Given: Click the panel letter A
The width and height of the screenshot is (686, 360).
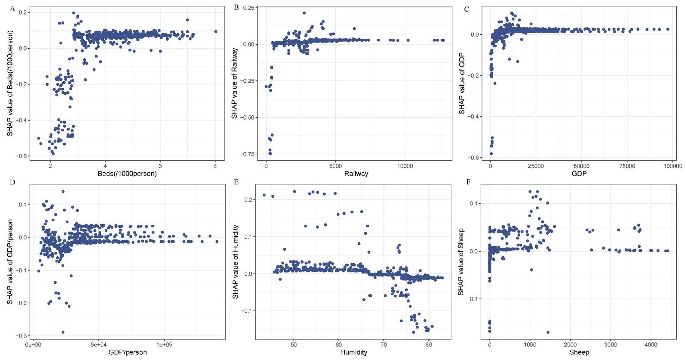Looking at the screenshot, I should point(13,9).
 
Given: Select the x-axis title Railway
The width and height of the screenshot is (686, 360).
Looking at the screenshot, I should point(356,173).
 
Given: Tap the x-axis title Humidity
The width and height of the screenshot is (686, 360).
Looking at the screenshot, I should point(354,352).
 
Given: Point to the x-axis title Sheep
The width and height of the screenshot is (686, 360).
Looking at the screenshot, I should point(579,352).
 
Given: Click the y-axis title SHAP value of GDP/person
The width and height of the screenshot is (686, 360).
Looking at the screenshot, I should point(10,262).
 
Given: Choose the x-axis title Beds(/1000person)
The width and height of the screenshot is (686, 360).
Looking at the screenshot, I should point(127,173).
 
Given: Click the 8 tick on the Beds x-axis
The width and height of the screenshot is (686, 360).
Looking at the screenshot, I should point(215,166).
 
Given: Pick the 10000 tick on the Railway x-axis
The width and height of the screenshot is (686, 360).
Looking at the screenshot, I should point(405,166).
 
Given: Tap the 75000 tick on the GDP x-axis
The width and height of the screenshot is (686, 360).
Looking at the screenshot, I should point(627,166).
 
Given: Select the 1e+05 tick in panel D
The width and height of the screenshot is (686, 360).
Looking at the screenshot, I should point(164,345).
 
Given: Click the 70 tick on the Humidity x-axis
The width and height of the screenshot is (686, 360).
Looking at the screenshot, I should point(383,345).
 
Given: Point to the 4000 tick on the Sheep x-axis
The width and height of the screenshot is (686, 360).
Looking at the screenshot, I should point(651,345).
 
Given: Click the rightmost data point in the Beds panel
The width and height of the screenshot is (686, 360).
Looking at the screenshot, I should point(216,31).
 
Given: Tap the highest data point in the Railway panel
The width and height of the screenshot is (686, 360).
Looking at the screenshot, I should point(304,13).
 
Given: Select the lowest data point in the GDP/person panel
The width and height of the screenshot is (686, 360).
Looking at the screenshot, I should point(63,332).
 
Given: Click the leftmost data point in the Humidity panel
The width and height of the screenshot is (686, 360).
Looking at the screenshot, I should point(264,195).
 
